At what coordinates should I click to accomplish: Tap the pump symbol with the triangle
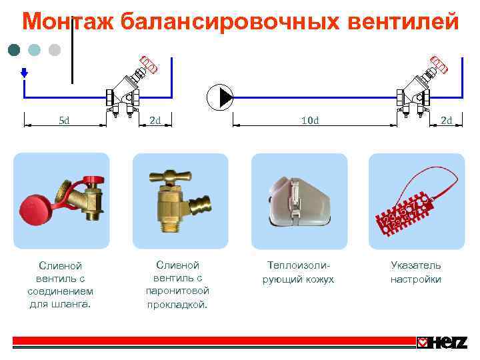[220, 98]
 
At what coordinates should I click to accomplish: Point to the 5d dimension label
[65, 121]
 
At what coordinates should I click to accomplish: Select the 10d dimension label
[310, 121]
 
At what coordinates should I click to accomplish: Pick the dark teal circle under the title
[14, 50]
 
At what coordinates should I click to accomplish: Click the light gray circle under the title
[55, 50]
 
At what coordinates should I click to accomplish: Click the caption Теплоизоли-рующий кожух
[299, 272]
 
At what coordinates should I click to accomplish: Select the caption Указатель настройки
[416, 272]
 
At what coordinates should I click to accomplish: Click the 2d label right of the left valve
[155, 121]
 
